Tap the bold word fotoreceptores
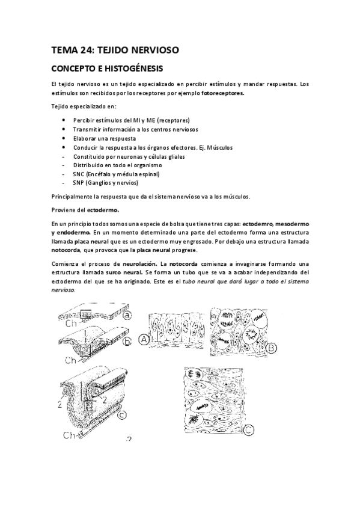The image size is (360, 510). (223, 94)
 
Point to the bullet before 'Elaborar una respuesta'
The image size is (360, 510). (64, 138)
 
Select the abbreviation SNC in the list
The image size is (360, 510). (79, 174)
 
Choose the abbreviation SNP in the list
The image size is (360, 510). (79, 183)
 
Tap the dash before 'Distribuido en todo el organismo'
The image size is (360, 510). (64, 165)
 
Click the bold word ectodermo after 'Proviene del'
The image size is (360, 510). (103, 210)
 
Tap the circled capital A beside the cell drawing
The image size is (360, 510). (145, 340)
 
